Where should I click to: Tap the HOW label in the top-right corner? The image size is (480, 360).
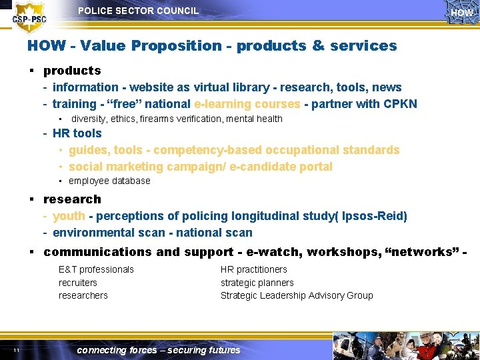(x=461, y=13)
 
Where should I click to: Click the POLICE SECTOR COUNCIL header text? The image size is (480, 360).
(x=138, y=11)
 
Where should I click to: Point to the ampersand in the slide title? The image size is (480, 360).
(x=318, y=46)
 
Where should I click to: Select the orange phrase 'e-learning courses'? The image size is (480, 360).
(x=247, y=104)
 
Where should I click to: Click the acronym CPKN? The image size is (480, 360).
(x=400, y=104)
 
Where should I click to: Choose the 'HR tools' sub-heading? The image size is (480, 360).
(x=77, y=133)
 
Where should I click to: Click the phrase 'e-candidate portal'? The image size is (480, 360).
(x=281, y=167)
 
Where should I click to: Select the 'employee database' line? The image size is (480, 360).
(x=109, y=181)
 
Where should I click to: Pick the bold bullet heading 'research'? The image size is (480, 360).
(x=72, y=199)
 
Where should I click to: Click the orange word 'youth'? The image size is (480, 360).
(x=69, y=216)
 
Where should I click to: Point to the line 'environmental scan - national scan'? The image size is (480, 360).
(x=152, y=233)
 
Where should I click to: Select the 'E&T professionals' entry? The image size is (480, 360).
(x=96, y=269)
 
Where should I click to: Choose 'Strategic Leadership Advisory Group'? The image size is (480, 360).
(x=297, y=295)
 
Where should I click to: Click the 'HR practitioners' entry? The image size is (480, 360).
(x=254, y=269)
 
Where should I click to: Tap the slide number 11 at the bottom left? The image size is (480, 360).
(x=15, y=351)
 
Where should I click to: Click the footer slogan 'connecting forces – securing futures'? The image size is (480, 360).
(x=159, y=350)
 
